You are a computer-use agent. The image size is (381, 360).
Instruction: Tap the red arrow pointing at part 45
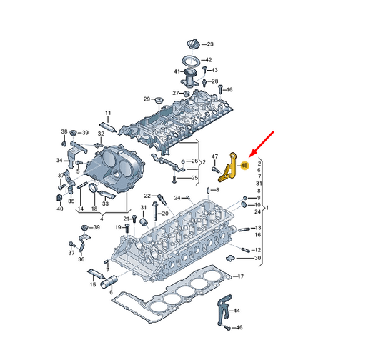click(262, 144)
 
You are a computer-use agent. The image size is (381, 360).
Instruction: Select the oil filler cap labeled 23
click(194, 44)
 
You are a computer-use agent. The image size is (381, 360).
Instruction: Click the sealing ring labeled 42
click(192, 61)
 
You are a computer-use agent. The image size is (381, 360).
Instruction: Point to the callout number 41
click(177, 71)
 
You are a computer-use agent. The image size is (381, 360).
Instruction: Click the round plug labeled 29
click(159, 99)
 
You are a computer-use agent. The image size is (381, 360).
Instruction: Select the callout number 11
click(108, 113)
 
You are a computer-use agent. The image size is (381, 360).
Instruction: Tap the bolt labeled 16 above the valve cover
click(220, 89)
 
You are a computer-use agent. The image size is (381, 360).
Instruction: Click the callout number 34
click(59, 160)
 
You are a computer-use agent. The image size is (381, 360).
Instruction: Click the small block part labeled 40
click(59, 198)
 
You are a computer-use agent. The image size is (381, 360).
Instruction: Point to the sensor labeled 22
click(162, 199)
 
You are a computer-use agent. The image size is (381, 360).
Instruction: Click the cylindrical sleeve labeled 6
click(109, 282)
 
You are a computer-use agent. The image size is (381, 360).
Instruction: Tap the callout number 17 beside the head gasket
click(240, 276)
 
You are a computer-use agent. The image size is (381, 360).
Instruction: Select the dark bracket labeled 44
click(224, 309)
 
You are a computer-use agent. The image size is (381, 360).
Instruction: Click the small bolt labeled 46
click(227, 327)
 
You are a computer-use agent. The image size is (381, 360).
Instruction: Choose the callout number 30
click(257, 258)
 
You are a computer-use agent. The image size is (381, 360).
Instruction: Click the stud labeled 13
click(244, 229)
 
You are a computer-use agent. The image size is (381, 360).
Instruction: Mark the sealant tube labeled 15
click(96, 274)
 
